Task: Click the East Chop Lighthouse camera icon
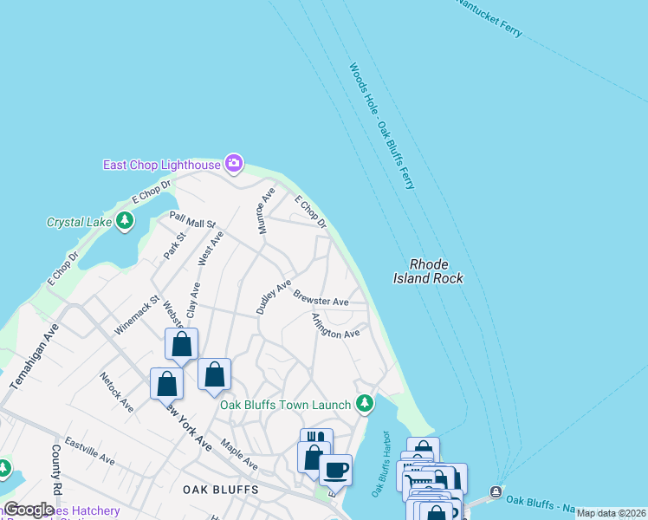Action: [x=233, y=163]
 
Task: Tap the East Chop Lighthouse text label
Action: [x=162, y=165]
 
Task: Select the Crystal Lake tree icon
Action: [x=126, y=221]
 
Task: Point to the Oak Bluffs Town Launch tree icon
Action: [x=366, y=404]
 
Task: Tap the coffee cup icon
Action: [x=335, y=471]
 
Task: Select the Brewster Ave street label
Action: [x=321, y=300]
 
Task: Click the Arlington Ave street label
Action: [x=335, y=327]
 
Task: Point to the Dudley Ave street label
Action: [x=273, y=297]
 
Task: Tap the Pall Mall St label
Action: [x=192, y=219]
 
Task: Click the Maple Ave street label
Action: [x=238, y=457]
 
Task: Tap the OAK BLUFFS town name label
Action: [x=221, y=490]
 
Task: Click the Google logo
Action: [x=28, y=510]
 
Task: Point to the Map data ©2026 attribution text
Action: [x=611, y=513]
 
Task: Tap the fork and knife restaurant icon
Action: [x=316, y=439]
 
